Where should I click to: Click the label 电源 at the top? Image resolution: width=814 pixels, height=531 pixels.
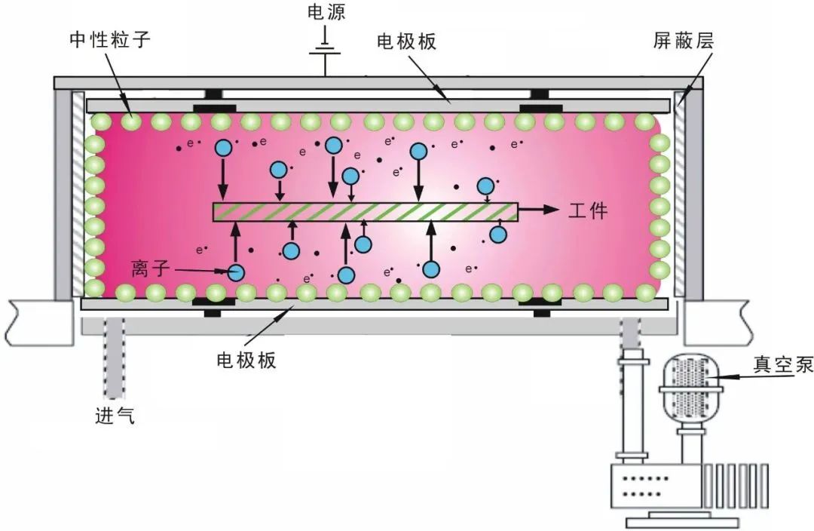point(326,12)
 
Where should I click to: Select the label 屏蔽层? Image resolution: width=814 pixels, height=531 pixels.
point(683,41)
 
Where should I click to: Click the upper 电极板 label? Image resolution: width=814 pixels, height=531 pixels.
point(406,41)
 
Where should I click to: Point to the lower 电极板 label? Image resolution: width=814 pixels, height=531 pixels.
point(246,360)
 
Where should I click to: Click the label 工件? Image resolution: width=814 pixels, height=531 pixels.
point(588,210)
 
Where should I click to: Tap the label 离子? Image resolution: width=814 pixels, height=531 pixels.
point(151,269)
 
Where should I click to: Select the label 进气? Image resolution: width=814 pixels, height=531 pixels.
point(115,415)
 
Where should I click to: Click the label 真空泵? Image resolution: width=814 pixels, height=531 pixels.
point(783,365)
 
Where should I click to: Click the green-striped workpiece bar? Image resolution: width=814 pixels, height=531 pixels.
point(365,212)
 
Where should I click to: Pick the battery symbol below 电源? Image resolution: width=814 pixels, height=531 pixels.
point(326,50)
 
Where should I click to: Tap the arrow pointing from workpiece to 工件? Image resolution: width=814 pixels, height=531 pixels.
point(538,210)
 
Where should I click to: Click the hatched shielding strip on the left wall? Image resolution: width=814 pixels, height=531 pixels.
point(78,194)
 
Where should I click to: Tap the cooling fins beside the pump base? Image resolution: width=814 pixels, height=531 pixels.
point(736,486)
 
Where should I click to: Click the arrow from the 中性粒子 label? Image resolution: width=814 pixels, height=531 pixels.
point(118,83)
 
